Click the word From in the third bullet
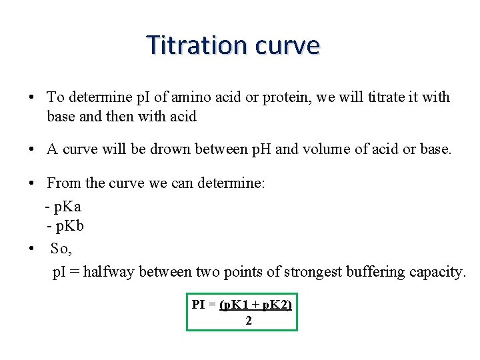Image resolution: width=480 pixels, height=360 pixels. pyautogui.click(x=63, y=183)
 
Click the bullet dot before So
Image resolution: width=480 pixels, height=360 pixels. pyautogui.click(x=32, y=249)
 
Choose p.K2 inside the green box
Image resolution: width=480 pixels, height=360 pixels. pyautogui.click(x=275, y=305)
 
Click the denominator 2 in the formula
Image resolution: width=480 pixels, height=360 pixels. pyautogui.click(x=249, y=321)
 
